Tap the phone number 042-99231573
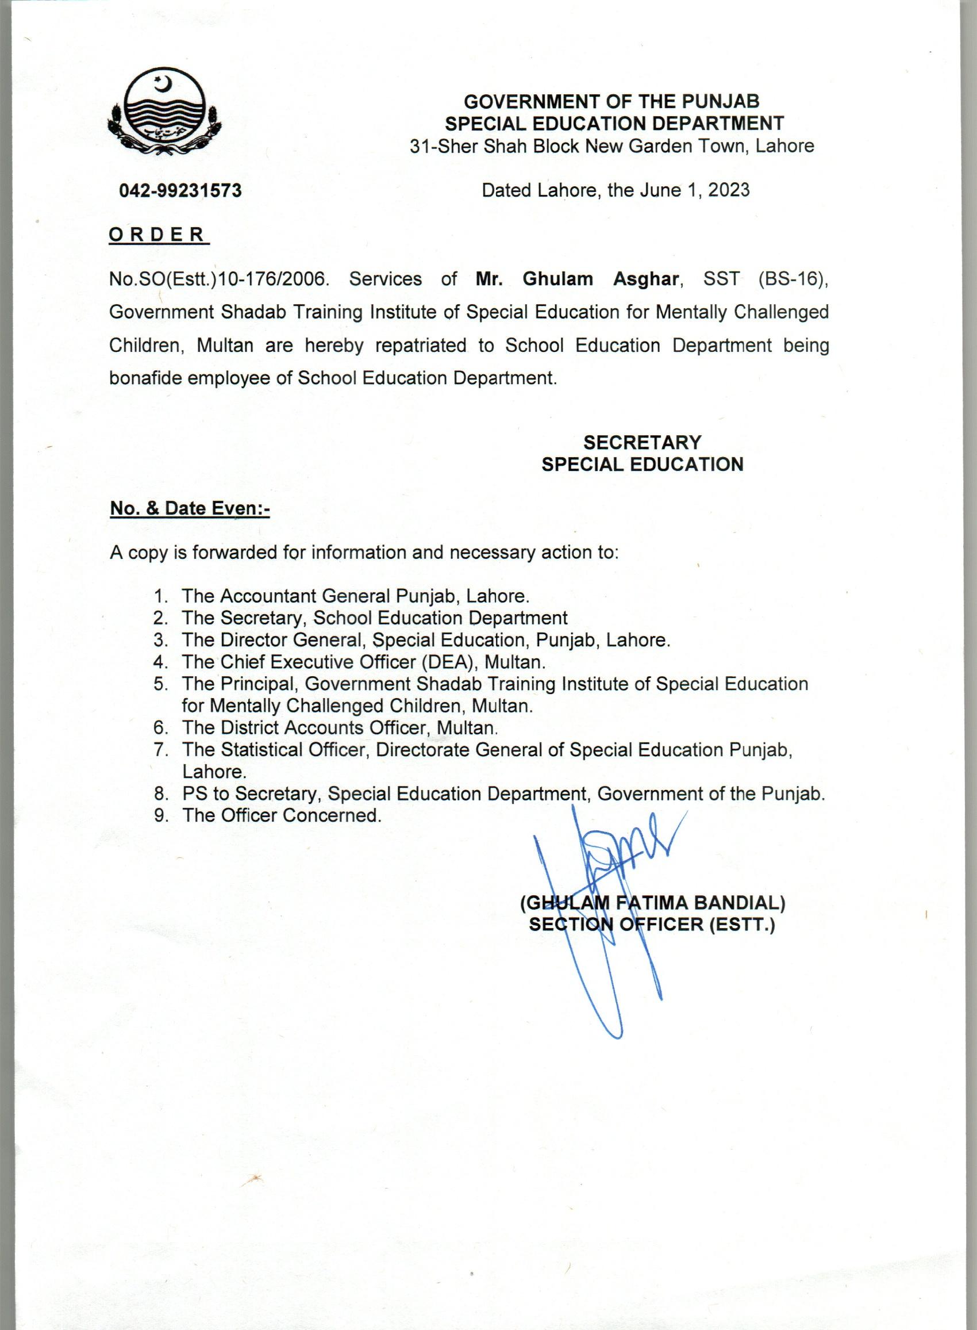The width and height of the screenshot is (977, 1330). pos(180,190)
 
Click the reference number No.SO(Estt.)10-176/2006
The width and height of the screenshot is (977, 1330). pos(218,279)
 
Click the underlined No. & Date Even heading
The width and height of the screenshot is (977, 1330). pos(189,508)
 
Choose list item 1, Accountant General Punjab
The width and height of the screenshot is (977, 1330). pos(355,596)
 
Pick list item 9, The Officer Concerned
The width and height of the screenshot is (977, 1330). pos(282,815)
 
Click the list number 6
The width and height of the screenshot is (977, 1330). pos(159,728)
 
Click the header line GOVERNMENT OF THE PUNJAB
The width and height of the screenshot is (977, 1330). pos(611,102)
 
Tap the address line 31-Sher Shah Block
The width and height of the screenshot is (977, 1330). pos(612,145)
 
